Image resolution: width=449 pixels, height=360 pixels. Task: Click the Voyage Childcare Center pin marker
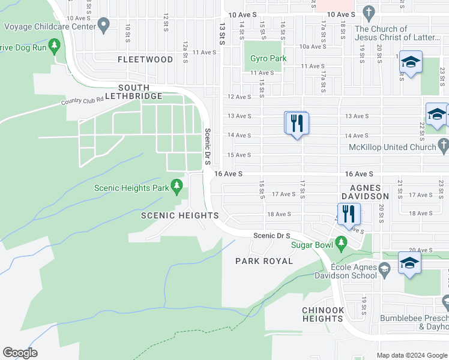pos(104,26)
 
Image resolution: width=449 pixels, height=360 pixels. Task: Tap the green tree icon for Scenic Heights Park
pos(176,187)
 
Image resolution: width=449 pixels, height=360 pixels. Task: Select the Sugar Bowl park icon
pos(342,244)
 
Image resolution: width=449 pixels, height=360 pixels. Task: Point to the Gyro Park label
pos(268,59)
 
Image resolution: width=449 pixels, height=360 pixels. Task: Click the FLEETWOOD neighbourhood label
pos(145,59)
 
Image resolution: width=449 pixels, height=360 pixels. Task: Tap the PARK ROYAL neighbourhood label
pos(264,261)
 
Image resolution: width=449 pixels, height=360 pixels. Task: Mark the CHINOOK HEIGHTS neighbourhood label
pos(322,314)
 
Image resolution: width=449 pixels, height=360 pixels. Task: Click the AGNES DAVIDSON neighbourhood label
pos(365,191)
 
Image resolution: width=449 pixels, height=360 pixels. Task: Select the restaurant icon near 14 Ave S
pos(296,124)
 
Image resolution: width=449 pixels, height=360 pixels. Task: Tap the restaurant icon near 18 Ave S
pos(349,213)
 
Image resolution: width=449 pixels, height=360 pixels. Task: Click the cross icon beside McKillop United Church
pos(443,146)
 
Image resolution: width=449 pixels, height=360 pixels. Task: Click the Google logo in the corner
pos(20,353)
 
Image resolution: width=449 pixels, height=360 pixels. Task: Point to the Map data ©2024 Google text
pos(412,355)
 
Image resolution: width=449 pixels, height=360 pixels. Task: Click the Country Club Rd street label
pos(83,101)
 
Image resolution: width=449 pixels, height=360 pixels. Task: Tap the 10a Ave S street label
pos(313,46)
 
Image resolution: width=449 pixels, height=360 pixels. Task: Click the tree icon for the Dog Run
pos(55,45)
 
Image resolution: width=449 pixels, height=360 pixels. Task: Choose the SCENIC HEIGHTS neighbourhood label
pos(179,215)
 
